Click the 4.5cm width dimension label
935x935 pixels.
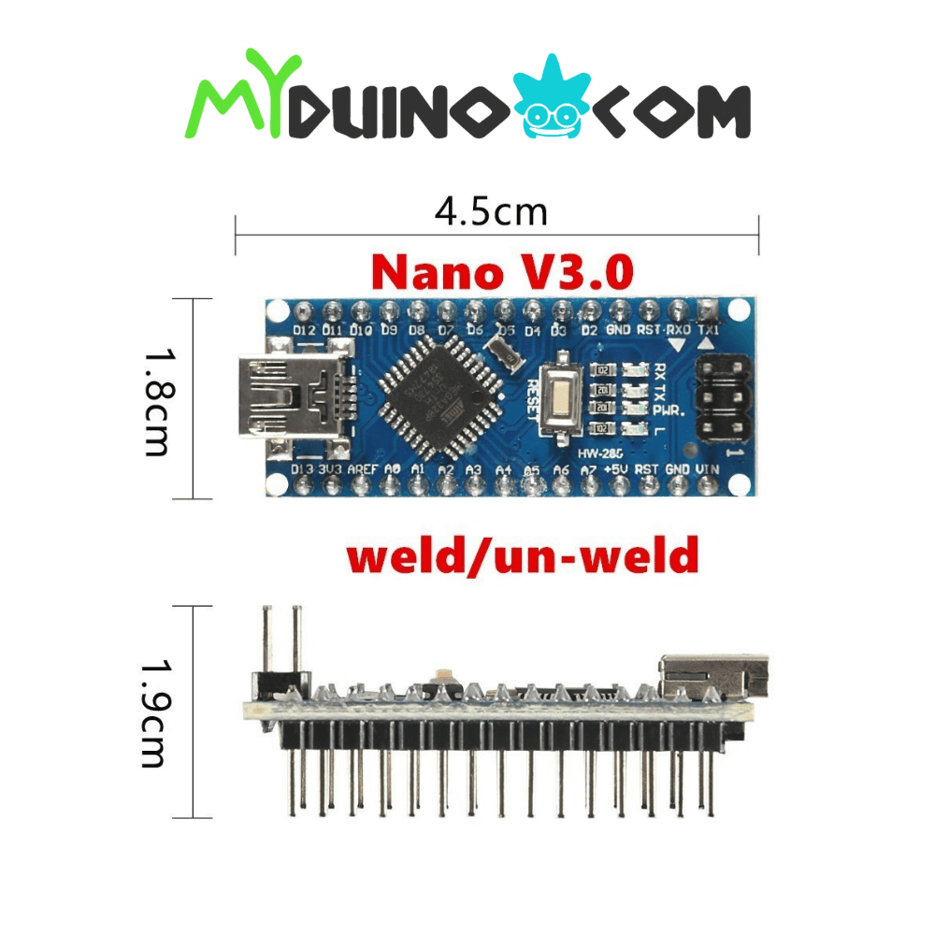coord(491,212)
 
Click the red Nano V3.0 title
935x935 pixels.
coord(502,272)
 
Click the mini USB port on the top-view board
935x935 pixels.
coord(290,396)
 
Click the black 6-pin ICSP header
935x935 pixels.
coord(722,396)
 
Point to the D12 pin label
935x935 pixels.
coord(303,330)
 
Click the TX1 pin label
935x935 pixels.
coord(710,330)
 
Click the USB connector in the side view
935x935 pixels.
coord(712,675)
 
